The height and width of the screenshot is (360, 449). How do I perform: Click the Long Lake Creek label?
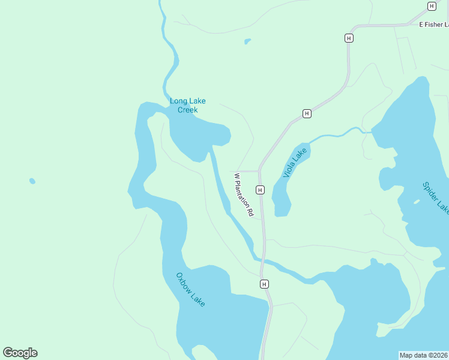187,106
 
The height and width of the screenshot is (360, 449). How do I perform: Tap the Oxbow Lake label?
190,290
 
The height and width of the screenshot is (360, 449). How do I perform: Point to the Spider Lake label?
435,198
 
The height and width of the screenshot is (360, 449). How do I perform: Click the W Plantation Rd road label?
244,195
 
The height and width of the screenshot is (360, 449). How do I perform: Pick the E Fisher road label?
433,25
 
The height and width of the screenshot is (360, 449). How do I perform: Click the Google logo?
20,353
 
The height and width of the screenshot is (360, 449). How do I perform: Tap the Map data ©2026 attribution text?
424,355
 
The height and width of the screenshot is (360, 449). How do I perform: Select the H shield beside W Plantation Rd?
260,190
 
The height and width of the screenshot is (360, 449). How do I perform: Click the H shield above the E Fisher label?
431,6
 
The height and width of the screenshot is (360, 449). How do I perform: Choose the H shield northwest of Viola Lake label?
307,113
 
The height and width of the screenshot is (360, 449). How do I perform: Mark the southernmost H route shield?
264,284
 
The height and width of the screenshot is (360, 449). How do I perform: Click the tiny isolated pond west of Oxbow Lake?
32,181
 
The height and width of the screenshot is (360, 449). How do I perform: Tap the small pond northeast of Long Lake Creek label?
247,41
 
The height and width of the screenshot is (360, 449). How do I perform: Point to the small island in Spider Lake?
417,202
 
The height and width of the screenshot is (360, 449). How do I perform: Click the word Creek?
187,110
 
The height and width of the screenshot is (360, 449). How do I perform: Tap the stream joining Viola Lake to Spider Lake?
336,134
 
